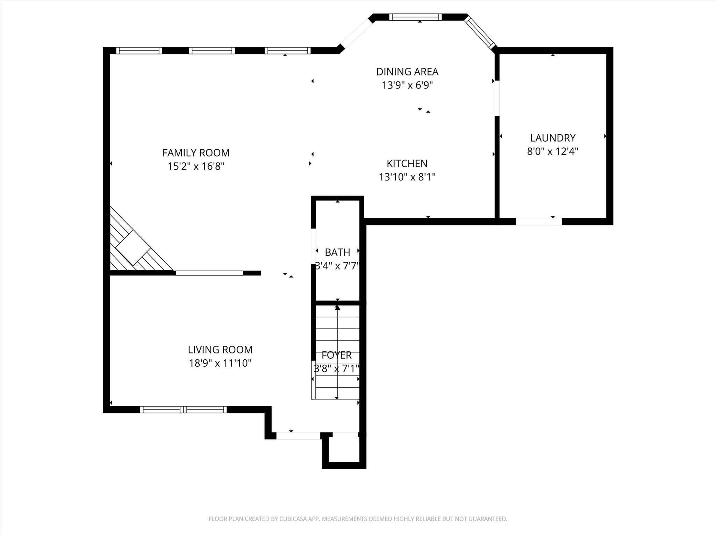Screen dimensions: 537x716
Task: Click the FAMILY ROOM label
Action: (x=196, y=153)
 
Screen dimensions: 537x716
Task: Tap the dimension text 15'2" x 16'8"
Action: (x=196, y=166)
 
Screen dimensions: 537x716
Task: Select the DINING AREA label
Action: (x=407, y=72)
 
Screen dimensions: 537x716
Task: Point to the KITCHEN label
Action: (x=407, y=164)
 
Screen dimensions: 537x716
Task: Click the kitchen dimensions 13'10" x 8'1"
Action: (x=407, y=177)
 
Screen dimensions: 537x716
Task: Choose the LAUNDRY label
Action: (x=553, y=138)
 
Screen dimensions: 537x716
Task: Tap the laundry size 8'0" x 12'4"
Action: (x=553, y=152)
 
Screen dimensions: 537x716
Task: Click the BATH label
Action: (x=337, y=252)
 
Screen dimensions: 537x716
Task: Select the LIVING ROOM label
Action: (x=220, y=350)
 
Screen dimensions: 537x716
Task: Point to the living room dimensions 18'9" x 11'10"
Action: (x=220, y=363)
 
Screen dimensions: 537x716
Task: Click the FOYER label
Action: (x=336, y=355)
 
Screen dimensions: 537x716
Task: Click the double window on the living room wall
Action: (x=183, y=409)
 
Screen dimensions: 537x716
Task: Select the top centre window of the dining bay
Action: (x=415, y=17)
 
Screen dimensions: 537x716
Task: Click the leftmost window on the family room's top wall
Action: (x=139, y=51)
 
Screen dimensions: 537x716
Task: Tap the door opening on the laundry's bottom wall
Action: (x=539, y=222)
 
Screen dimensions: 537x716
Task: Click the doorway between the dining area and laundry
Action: (x=497, y=98)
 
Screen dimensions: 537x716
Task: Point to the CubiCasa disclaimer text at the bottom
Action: (x=358, y=519)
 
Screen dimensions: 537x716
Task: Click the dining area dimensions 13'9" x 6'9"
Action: (x=407, y=85)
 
